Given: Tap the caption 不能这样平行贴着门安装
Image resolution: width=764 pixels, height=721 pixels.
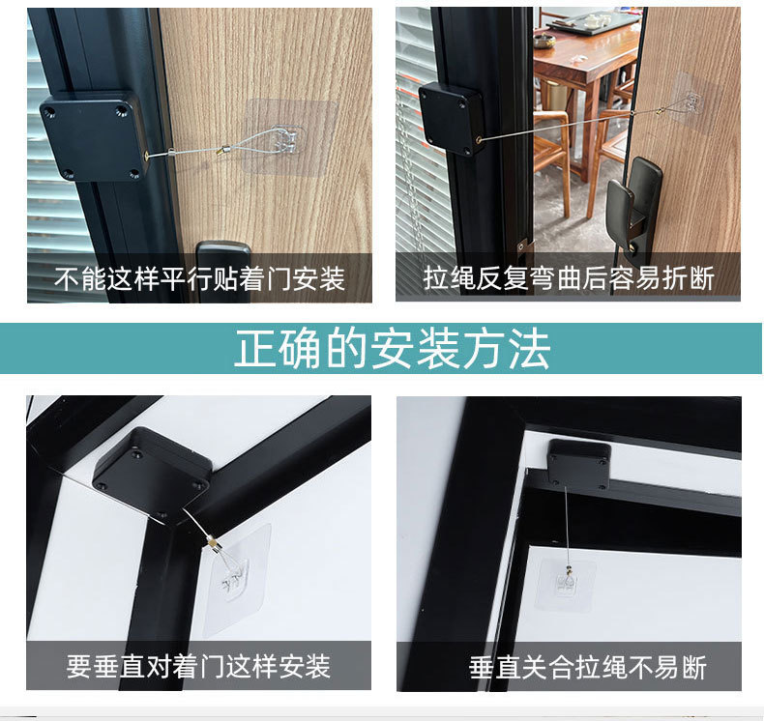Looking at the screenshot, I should click(x=199, y=279).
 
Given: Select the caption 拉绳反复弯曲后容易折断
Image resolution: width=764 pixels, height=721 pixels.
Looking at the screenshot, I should click(x=569, y=279).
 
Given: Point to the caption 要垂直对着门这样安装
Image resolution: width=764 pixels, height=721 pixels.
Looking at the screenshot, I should click(x=198, y=666).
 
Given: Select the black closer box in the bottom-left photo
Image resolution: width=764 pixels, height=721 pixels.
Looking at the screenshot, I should click(x=152, y=473).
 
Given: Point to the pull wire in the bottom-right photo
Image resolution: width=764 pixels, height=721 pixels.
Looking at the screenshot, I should click(x=566, y=527).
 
